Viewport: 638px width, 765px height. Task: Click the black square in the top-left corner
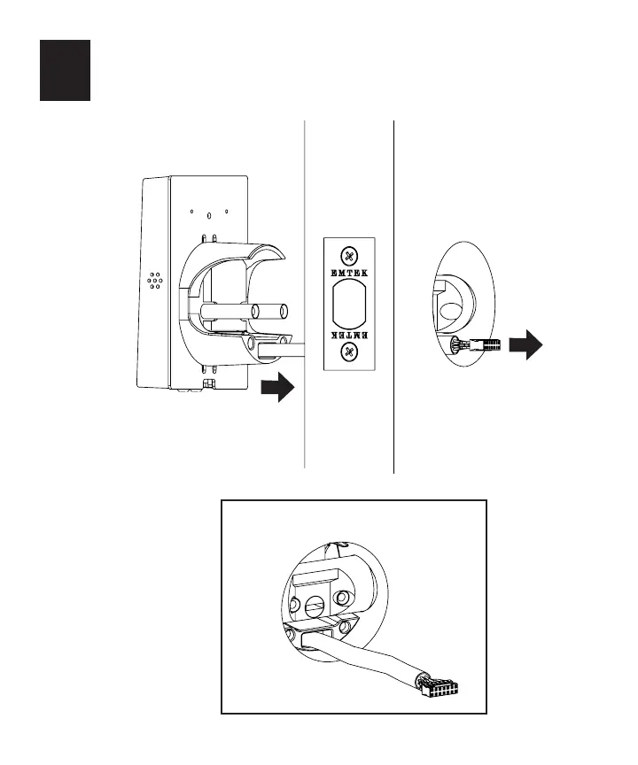65,70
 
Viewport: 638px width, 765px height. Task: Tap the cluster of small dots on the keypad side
155,280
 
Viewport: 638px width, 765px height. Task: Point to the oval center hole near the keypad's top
209,214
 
